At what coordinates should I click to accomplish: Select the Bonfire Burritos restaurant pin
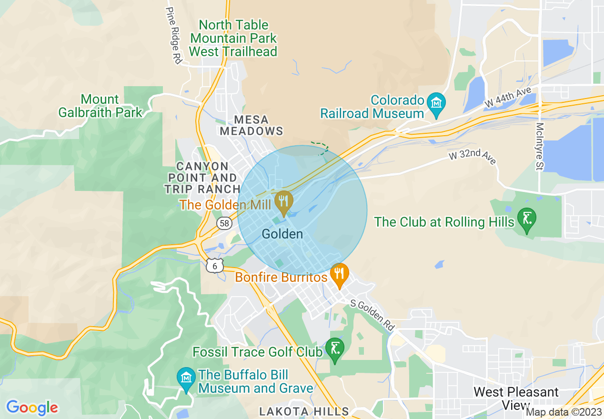click(x=339, y=274)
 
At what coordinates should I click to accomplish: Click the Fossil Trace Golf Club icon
click(x=334, y=349)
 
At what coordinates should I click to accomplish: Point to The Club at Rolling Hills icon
click(x=526, y=219)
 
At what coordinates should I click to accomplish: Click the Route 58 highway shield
click(x=223, y=223)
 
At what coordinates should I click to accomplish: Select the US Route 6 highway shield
click(x=215, y=266)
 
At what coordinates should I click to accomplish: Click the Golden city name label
click(x=282, y=234)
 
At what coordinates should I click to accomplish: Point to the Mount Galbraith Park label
click(x=100, y=106)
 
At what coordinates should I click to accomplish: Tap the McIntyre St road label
click(x=540, y=146)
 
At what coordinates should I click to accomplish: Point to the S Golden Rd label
click(x=372, y=315)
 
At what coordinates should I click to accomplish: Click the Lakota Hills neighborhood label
click(x=304, y=411)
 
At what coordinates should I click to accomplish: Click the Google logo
click(x=32, y=407)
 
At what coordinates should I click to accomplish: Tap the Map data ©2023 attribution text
click(x=564, y=412)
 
